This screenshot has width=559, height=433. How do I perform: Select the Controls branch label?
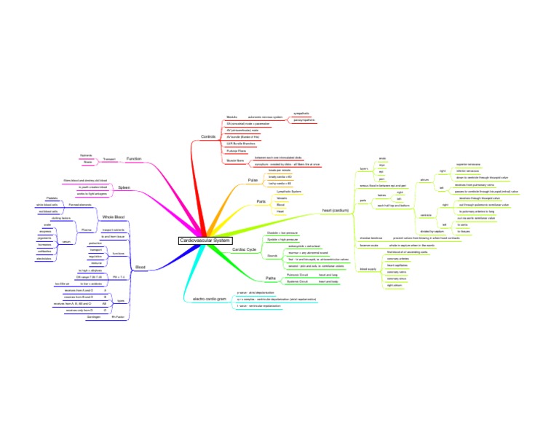coord(207,137)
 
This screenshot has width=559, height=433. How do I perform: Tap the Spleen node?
coord(124,187)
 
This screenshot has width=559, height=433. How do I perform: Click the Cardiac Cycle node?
coord(244,249)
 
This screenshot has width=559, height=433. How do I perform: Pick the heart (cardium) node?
coord(336,211)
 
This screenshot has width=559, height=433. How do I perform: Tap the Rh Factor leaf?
coord(119,317)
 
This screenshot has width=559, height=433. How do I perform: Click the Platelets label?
coord(52,198)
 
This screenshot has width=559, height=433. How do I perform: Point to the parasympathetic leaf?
coord(305,120)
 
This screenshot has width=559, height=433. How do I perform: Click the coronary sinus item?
coord(396,278)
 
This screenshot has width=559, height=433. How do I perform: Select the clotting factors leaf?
coord(61,218)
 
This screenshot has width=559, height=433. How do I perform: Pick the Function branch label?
coord(134,159)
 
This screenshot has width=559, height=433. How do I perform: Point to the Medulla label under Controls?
coord(232,117)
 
